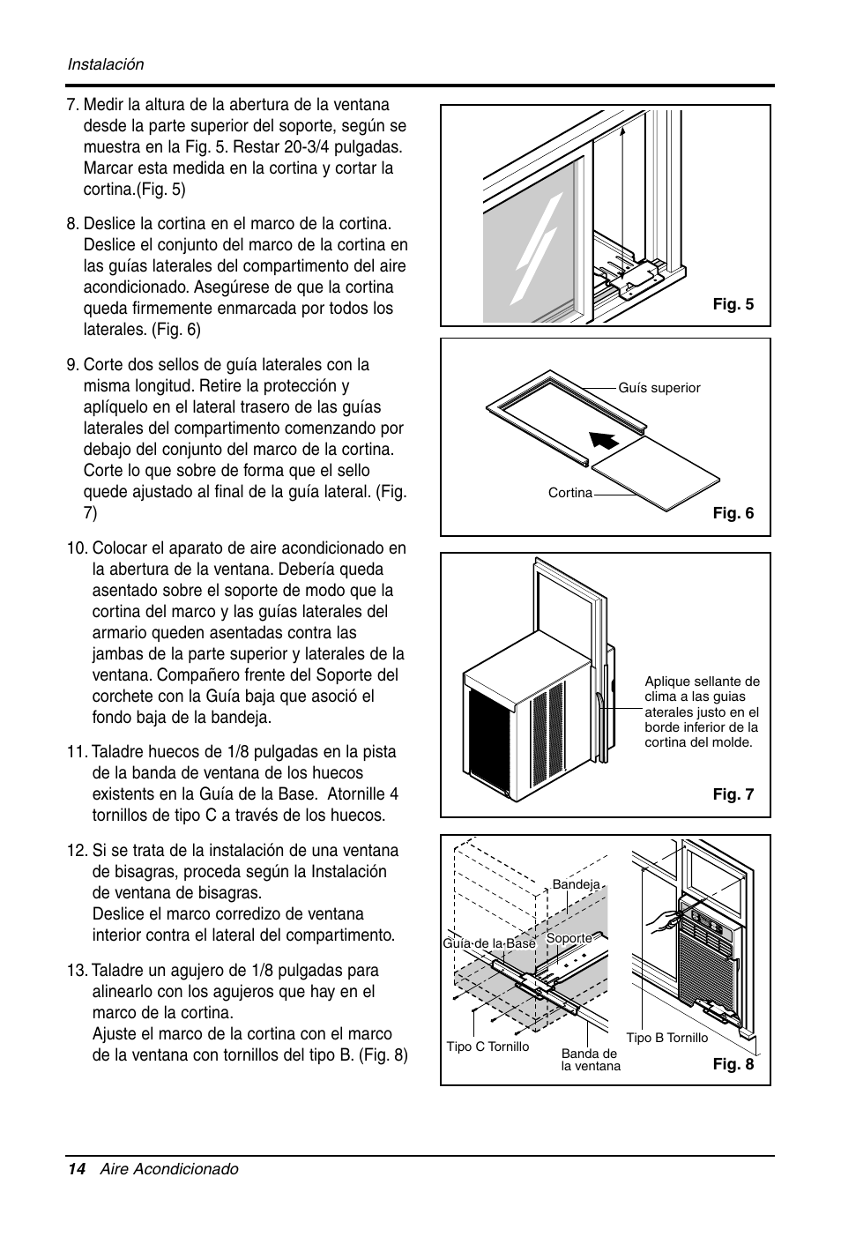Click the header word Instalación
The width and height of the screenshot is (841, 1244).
(x=106, y=64)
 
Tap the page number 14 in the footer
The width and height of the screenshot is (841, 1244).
(x=77, y=1169)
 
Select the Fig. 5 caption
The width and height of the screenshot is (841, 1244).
(x=733, y=305)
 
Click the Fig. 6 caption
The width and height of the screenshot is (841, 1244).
(x=733, y=513)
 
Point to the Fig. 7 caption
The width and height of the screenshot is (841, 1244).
(x=733, y=794)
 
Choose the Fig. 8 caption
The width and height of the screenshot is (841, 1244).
(x=733, y=1064)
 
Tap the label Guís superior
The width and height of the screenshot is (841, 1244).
(x=659, y=388)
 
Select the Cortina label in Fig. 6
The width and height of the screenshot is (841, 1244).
(x=569, y=493)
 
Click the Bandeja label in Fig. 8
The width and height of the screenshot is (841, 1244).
(x=576, y=884)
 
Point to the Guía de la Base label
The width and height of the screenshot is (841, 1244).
(x=489, y=943)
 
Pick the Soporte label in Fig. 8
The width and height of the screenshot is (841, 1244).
(x=569, y=938)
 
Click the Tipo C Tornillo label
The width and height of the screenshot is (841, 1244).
(x=487, y=1047)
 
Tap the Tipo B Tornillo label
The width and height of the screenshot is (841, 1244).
(x=666, y=1038)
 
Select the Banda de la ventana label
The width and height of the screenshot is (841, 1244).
(x=591, y=1060)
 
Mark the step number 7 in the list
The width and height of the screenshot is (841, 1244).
(x=72, y=105)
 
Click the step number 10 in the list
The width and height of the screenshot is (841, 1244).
(x=77, y=548)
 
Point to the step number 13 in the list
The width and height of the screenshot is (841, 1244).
(x=77, y=971)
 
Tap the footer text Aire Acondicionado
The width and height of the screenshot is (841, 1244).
(x=168, y=1169)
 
